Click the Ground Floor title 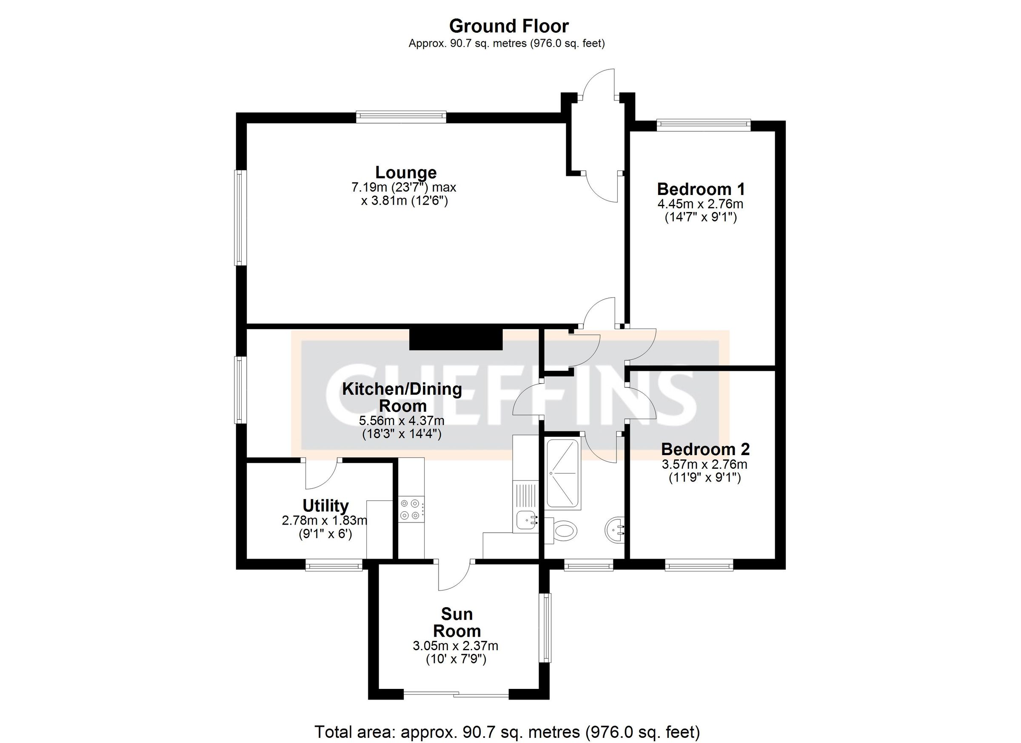509,26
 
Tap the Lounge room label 405,172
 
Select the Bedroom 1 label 701,189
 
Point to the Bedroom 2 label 705,449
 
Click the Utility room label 325,506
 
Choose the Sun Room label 456,622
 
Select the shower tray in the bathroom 563,473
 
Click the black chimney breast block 456,339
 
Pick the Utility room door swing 320,474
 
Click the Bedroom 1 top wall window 703,125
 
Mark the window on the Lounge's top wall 401,117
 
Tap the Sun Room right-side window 546,628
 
